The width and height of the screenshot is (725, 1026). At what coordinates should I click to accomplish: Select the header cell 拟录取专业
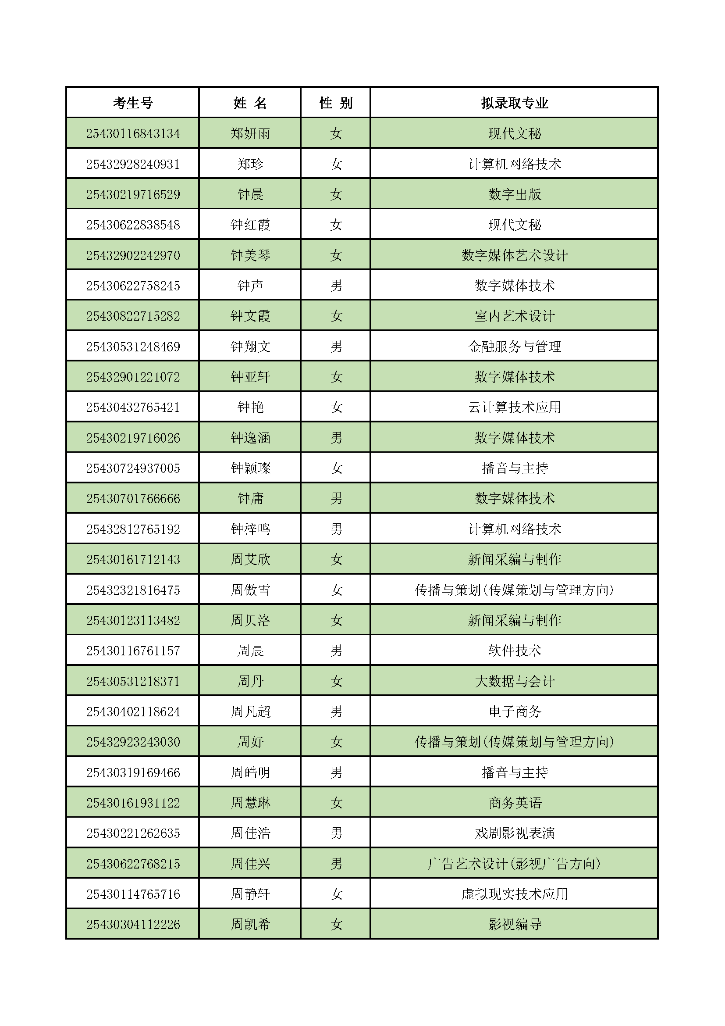pos(514,103)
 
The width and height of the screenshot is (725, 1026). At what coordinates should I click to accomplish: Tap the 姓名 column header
pos(250,103)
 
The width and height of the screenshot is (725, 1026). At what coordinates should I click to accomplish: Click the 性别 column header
pos(336,103)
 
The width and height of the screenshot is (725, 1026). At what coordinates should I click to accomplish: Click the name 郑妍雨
pos(250,134)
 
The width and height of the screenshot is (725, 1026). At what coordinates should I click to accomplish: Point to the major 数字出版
pos(514,194)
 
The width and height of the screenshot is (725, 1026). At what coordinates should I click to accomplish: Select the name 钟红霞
pos(250,225)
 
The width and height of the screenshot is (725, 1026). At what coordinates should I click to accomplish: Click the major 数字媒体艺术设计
pos(514,255)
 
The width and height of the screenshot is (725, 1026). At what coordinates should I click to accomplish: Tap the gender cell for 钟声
pos(336,286)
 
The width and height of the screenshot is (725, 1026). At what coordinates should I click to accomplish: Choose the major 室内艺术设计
pos(514,316)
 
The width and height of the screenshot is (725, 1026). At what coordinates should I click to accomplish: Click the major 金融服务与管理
pos(514,347)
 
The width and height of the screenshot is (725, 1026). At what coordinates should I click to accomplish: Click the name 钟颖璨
pos(250,468)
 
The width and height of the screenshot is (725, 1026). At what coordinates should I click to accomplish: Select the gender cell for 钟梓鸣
pos(336,529)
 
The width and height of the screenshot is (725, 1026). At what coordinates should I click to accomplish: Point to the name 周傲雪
pos(250,590)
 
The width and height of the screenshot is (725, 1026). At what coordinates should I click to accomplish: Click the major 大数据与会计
pos(514,681)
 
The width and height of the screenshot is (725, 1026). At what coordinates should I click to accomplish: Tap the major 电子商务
pos(514,711)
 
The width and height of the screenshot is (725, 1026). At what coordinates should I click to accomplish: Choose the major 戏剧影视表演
pos(514,833)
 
